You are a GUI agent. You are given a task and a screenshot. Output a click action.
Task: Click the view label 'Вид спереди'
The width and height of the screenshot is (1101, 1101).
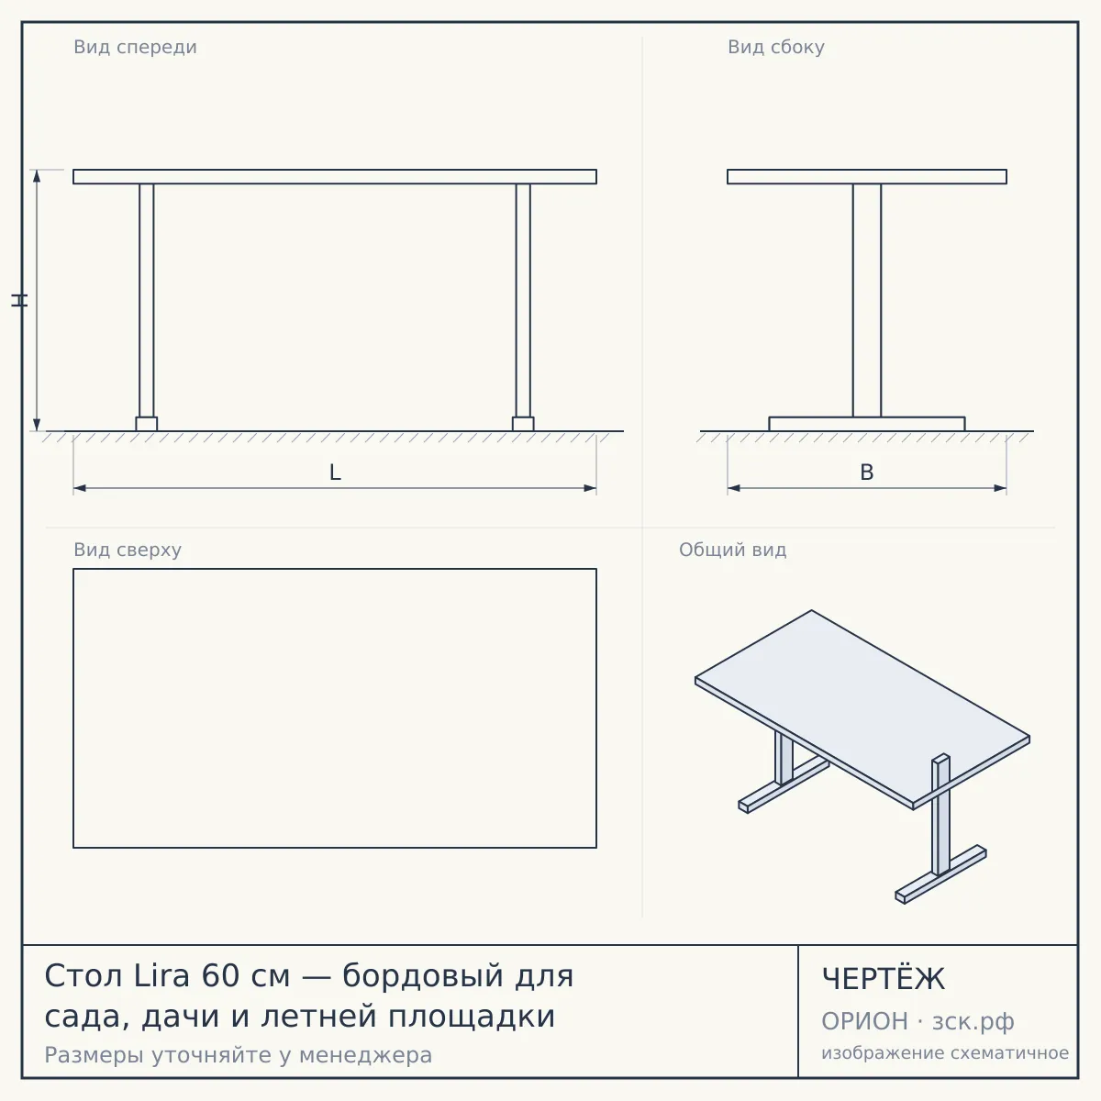136,47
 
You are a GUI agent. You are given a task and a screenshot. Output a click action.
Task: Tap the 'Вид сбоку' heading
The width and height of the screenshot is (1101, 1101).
776,47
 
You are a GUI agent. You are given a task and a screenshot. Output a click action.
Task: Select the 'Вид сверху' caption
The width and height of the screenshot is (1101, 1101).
128,550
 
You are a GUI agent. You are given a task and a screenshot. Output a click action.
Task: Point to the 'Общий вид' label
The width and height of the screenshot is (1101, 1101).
732,550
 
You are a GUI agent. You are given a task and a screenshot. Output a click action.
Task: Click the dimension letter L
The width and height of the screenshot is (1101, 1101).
336,473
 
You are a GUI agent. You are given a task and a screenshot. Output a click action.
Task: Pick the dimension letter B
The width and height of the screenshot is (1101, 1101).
867,473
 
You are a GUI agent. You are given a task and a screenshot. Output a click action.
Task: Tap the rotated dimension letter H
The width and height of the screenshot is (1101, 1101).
19,300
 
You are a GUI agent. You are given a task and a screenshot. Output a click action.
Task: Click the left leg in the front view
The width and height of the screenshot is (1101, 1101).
146,301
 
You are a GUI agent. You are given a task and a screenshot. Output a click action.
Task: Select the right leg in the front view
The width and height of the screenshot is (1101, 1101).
523,301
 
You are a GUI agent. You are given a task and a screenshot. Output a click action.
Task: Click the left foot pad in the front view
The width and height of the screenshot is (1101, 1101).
146,424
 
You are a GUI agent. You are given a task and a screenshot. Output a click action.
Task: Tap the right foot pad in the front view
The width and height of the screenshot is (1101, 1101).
523,424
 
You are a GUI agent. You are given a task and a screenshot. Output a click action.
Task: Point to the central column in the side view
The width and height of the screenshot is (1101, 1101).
867,301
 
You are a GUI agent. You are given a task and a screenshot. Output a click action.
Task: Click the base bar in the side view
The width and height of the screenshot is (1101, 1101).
867,424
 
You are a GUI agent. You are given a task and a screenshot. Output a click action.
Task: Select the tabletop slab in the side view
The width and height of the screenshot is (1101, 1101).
867,176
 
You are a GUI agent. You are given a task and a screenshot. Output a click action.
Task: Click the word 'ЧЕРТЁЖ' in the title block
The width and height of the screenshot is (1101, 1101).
884,979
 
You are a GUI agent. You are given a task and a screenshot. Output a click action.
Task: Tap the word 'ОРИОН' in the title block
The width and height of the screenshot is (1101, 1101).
864,1021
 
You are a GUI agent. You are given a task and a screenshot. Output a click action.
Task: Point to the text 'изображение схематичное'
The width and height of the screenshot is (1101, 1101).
945,1052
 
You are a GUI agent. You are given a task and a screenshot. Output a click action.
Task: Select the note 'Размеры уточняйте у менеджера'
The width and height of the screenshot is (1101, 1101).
239,1055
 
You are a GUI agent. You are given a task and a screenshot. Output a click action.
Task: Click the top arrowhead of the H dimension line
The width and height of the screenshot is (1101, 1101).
37,175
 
